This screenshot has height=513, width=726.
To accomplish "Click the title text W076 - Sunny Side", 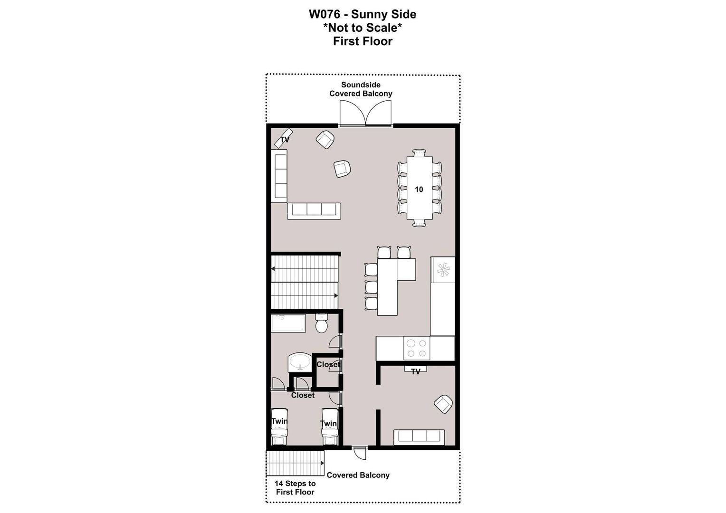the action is pyautogui.click(x=363, y=14).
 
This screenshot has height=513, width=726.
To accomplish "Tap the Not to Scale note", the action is pyautogui.click(x=363, y=28).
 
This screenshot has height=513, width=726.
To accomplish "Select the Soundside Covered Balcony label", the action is pyautogui.click(x=361, y=89).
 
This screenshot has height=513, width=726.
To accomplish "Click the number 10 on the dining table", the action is pyautogui.click(x=419, y=189).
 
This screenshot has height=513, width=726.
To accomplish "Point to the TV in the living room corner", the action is pyautogui.click(x=284, y=138).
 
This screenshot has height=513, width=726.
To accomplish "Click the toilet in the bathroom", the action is pyautogui.click(x=322, y=323).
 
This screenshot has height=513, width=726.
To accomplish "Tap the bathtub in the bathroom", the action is pyautogui.click(x=288, y=323).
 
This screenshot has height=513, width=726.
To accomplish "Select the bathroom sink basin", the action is pyautogui.click(x=300, y=362).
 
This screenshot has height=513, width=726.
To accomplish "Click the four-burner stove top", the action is pyautogui.click(x=417, y=348).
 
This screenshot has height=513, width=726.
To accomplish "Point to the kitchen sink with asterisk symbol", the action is pyautogui.click(x=443, y=270).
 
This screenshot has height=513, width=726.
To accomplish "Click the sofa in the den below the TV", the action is pyautogui.click(x=419, y=437).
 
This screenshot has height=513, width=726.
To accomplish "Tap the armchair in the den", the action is pyautogui.click(x=443, y=404).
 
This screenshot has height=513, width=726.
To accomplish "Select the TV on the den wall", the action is pyautogui.click(x=416, y=369).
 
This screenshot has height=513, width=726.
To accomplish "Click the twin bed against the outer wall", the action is pyautogui.click(x=279, y=427).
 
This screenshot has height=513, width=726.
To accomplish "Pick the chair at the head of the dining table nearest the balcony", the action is pyautogui.click(x=419, y=152).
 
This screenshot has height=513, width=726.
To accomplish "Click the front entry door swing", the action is pyautogui.click(x=359, y=453).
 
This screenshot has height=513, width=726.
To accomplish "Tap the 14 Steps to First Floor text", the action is pyautogui.click(x=295, y=488).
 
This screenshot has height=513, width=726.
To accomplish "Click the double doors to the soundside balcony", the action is pyautogui.click(x=365, y=113).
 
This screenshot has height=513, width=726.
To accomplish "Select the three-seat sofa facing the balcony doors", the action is pyautogui.click(x=314, y=211).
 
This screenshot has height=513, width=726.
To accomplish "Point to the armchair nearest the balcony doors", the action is pyautogui.click(x=325, y=140).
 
